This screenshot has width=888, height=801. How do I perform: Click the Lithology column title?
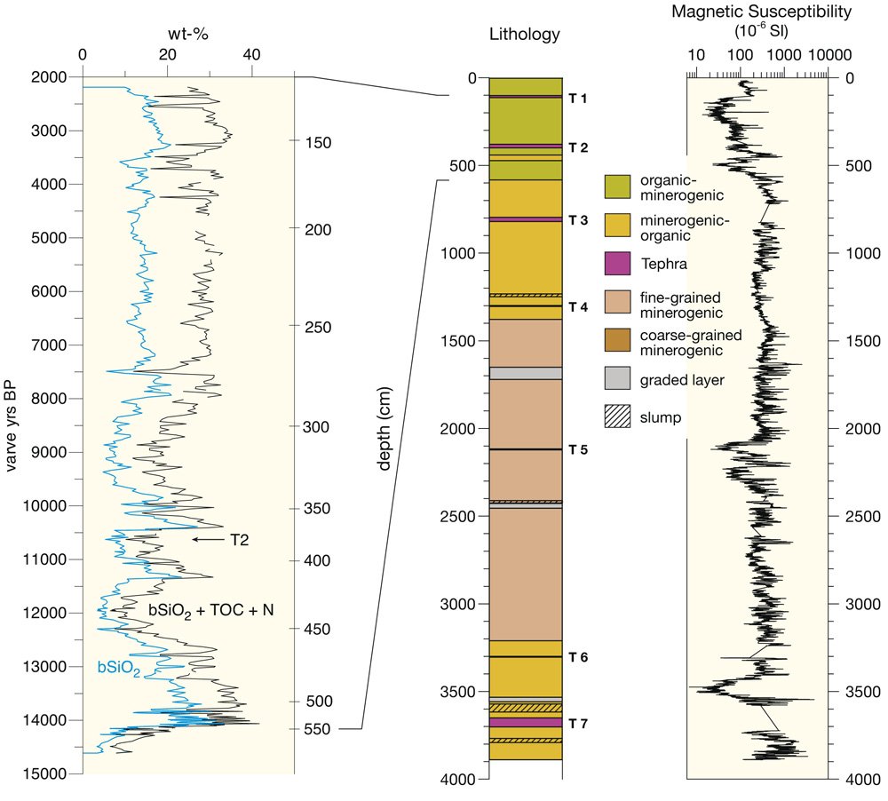(525, 35)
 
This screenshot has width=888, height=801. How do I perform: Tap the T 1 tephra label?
(578, 98)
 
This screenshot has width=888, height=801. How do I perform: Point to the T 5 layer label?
(578, 449)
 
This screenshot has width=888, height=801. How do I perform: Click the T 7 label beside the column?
(578, 723)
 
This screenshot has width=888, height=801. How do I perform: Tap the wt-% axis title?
(188, 35)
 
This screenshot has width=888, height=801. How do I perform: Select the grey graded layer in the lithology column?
(525, 373)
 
